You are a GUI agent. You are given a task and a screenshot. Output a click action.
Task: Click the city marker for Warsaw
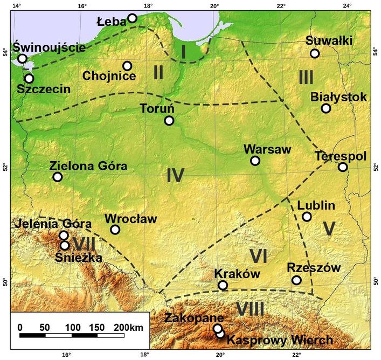tap(255, 161)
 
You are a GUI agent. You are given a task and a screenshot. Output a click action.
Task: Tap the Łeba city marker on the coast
tap(132, 18)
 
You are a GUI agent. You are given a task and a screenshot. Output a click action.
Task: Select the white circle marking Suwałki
tap(315, 53)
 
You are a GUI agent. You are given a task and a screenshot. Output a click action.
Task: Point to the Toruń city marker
tap(169, 121)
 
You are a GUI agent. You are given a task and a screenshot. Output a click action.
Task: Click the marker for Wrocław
tap(115, 230)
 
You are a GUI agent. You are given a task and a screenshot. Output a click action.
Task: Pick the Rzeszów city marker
tap(296, 280)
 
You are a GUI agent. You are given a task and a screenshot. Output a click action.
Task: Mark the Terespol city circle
tap(343, 167)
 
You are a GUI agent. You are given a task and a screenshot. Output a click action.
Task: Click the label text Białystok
tap(338, 97)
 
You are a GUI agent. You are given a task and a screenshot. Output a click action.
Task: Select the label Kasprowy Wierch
tap(280, 341)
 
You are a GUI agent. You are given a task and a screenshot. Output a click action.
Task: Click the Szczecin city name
tap(43, 89)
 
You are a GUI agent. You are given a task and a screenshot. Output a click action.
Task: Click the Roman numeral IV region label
tap(175, 175)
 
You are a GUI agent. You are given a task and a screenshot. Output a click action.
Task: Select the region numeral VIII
tap(250, 309)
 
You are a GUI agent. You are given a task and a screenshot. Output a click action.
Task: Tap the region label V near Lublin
tap(330, 229)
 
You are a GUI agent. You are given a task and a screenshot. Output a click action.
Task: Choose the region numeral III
tap(306, 78)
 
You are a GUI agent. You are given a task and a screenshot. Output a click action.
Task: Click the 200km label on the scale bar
tap(128, 327)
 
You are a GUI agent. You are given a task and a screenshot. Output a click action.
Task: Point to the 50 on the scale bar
tap(45, 327)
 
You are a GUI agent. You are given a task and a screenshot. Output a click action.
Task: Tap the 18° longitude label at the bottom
tap(144, 355)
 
